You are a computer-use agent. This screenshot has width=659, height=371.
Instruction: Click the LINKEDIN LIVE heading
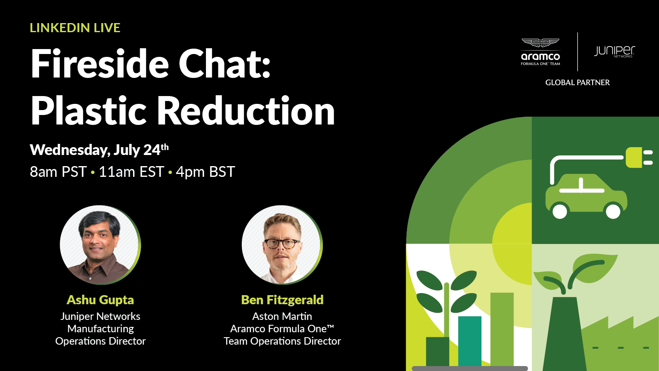tap(75, 28)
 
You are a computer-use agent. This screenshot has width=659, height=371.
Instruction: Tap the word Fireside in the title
tap(100, 63)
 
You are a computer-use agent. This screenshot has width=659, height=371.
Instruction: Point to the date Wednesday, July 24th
tap(99, 150)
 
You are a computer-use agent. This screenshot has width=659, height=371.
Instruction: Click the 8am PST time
tap(58, 171)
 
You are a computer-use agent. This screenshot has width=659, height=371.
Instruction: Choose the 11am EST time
tap(131, 171)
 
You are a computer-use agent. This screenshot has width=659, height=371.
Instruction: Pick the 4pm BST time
tap(206, 171)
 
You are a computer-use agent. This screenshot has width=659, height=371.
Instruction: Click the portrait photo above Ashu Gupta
tap(100, 245)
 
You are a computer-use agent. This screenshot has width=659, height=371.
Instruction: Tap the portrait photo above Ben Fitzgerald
tap(282, 245)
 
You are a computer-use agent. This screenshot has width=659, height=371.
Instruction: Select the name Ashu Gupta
tap(100, 300)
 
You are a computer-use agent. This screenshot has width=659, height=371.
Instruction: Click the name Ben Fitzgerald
tap(282, 300)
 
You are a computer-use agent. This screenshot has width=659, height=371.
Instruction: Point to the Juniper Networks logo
tap(614, 52)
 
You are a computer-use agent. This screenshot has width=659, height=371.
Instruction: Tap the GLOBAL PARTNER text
tap(577, 82)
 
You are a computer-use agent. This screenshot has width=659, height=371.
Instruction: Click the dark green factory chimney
tap(564, 334)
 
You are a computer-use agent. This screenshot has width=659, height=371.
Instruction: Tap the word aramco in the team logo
tap(540, 56)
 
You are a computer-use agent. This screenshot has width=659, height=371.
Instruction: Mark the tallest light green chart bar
tap(502, 329)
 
